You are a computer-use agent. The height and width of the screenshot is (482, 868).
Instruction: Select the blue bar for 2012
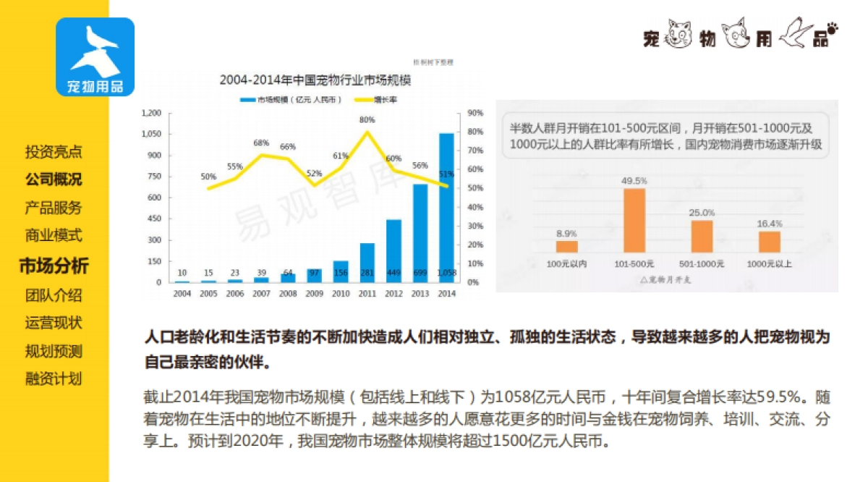click(393, 250)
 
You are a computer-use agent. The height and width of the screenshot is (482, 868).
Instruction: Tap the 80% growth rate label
click(367, 120)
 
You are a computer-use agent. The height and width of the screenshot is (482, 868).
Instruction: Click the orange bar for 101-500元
click(634, 220)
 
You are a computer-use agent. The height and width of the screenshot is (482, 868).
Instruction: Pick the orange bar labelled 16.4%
click(769, 242)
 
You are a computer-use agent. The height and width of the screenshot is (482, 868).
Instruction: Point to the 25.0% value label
click(702, 213)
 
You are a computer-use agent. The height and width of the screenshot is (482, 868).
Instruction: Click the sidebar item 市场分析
click(54, 266)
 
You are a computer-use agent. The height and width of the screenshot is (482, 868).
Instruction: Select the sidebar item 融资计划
click(54, 379)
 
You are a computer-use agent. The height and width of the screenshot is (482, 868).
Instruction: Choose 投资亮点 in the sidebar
click(54, 152)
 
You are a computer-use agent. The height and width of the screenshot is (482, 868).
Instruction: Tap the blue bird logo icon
click(95, 56)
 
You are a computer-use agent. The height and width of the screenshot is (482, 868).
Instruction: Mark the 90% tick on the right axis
click(475, 113)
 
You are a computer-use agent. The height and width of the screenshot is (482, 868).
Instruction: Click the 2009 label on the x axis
click(314, 294)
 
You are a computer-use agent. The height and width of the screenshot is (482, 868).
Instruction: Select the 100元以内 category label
click(566, 263)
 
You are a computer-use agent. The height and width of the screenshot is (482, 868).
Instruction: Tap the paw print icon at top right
click(833, 30)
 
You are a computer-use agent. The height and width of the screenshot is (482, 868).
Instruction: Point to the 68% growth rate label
click(261, 143)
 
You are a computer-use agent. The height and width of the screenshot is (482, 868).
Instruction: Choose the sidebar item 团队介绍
click(54, 295)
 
